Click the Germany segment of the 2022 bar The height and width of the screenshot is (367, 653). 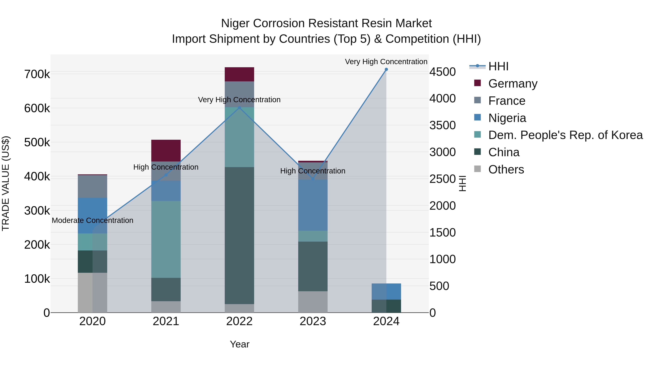point(239,74)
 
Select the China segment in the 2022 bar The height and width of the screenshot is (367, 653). point(239,236)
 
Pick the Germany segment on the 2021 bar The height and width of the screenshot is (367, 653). point(166,150)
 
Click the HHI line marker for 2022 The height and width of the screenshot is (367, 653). point(239,108)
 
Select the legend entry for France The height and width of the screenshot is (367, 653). point(506,101)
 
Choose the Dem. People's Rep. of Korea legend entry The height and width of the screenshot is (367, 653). point(565,135)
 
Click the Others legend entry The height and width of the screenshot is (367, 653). point(506,169)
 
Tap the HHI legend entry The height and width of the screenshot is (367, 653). point(498,66)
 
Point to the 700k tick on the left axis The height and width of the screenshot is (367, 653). point(37,74)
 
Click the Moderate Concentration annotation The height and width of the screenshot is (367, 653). point(93,220)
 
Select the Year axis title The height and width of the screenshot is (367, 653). point(240,344)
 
